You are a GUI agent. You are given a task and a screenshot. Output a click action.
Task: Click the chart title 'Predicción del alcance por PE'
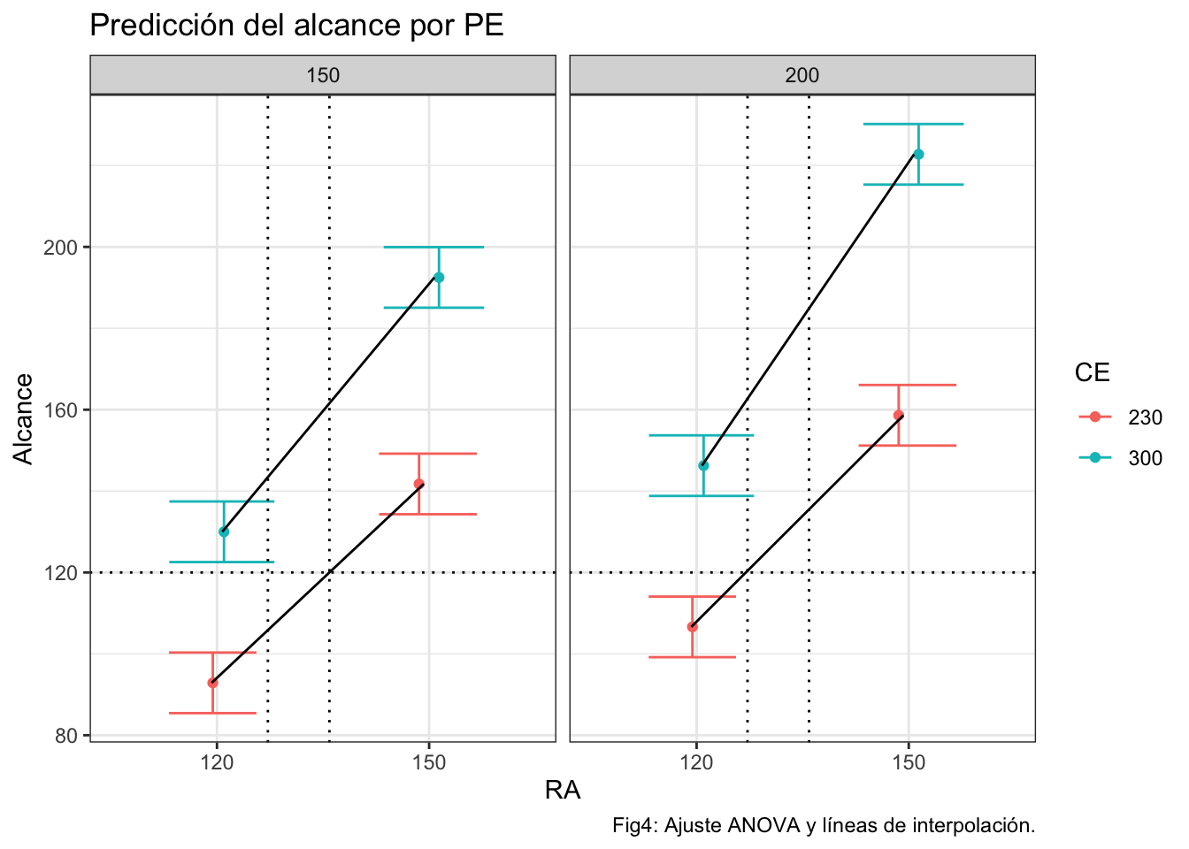pyautogui.click(x=296, y=26)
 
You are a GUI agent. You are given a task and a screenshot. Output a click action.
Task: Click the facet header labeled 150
pyautogui.click(x=323, y=75)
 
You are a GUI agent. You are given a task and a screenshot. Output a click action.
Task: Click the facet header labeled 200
pyautogui.click(x=802, y=75)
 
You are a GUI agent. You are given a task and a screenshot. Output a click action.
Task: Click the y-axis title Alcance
pyautogui.click(x=24, y=418)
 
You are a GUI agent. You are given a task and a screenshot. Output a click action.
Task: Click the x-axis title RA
pyautogui.click(x=563, y=790)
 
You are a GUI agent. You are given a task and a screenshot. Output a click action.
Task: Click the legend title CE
pyautogui.click(x=1092, y=373)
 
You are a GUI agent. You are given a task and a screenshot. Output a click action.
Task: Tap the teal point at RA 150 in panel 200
pyautogui.click(x=918, y=155)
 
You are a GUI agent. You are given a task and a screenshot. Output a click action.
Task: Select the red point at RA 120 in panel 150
pyautogui.click(x=212, y=683)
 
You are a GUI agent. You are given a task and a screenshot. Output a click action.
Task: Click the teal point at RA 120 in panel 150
pyautogui.click(x=224, y=532)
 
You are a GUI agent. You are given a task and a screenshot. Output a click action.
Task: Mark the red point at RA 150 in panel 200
pyautogui.click(x=899, y=416)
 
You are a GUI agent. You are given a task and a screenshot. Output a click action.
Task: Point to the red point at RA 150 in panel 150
pyautogui.click(x=419, y=484)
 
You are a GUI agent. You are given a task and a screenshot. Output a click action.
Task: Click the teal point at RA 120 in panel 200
pyautogui.click(x=703, y=466)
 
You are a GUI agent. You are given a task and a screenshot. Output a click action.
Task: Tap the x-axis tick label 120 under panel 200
pyautogui.click(x=696, y=762)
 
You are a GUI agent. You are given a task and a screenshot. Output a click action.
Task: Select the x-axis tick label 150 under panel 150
pyautogui.click(x=429, y=762)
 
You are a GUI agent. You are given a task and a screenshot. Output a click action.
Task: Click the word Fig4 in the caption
pyautogui.click(x=633, y=826)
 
